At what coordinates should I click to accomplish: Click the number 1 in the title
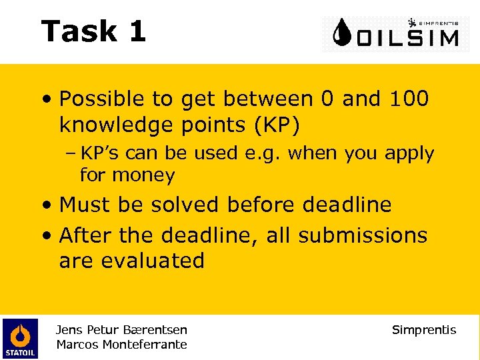(x=137, y=31)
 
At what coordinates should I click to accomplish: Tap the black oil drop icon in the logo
(x=343, y=33)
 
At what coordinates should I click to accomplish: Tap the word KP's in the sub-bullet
(x=101, y=153)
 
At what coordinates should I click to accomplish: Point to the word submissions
(x=363, y=235)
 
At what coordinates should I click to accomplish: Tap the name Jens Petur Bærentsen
(x=121, y=329)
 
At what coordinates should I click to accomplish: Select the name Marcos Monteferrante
(x=121, y=345)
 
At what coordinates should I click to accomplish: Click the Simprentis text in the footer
(x=424, y=330)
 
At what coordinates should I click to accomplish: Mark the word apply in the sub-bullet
(x=409, y=153)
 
